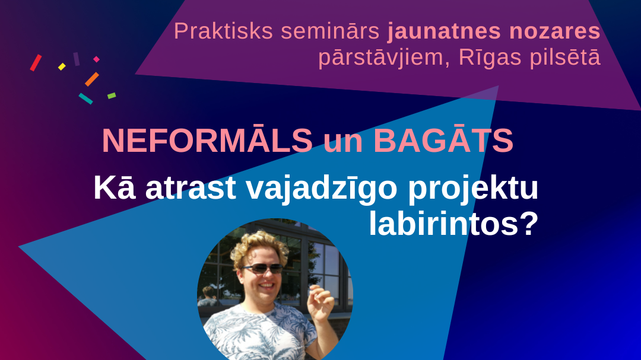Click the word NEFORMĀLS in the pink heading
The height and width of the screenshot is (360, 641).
(207, 141)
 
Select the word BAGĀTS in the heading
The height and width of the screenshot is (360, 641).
(443, 141)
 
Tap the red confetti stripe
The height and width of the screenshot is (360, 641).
(36, 63)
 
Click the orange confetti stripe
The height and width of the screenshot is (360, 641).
(91, 79)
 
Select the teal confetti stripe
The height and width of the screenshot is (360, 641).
(85, 98)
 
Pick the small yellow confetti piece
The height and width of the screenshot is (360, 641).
(62, 66)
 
